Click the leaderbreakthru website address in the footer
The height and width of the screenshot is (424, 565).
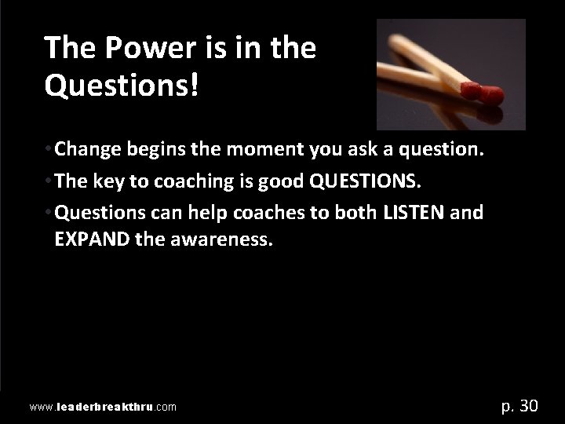tap(102, 408)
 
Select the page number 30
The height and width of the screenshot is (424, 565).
tap(529, 406)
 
